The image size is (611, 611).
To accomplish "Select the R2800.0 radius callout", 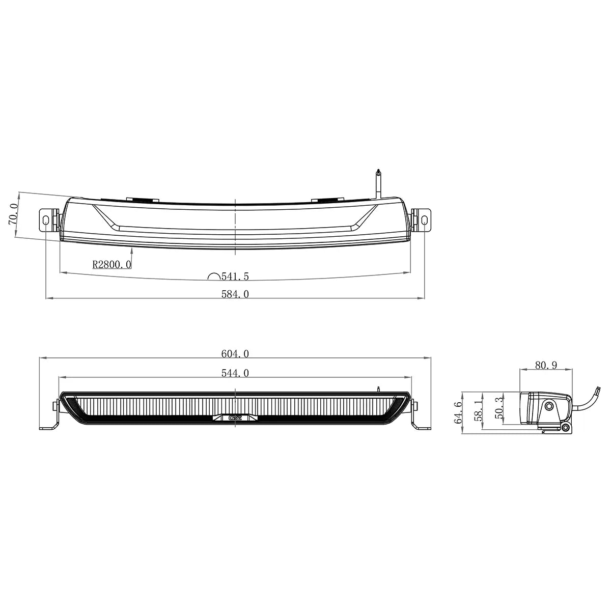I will coord(112,264).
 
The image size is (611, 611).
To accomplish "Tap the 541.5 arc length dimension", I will coord(235,276).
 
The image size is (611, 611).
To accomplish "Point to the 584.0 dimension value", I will coord(235,294).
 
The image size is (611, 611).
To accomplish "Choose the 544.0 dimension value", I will coord(235,373).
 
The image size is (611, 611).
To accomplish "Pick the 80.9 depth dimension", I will coord(545,365).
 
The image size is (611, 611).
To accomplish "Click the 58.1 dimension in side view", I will coord(478,410).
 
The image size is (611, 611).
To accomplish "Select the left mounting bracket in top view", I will coord(47,219).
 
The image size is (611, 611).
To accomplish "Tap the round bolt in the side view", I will coord(549,406).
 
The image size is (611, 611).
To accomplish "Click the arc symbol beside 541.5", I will coord(214,277).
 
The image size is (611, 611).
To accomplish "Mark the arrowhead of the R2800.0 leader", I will coord(132,249).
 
